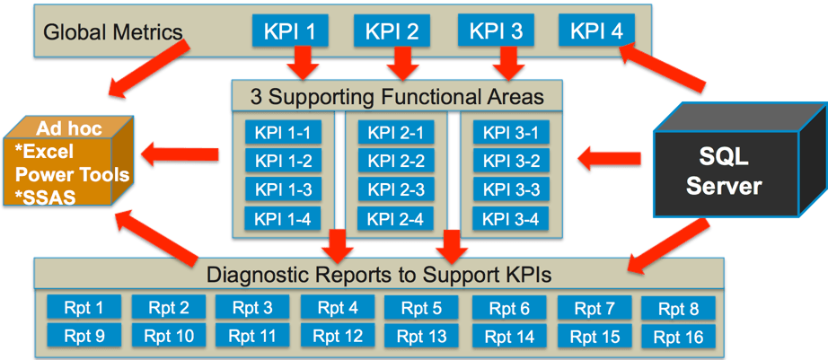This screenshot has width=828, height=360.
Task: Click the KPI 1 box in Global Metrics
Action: (x=290, y=31)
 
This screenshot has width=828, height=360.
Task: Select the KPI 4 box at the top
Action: (x=596, y=31)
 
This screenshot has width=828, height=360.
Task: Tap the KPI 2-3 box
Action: (x=396, y=189)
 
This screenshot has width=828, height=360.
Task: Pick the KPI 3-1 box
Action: (x=511, y=132)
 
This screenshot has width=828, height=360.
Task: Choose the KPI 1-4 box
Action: (x=283, y=218)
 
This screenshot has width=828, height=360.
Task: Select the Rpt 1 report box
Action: (x=84, y=307)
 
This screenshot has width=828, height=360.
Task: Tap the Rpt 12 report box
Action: (x=338, y=335)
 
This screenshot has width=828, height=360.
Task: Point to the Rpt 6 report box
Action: (x=509, y=308)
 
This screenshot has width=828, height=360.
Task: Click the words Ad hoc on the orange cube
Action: (x=69, y=128)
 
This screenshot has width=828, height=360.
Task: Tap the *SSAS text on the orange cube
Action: (x=46, y=197)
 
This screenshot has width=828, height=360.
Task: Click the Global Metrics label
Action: (x=112, y=32)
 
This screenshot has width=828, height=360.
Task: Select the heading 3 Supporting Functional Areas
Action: (x=397, y=97)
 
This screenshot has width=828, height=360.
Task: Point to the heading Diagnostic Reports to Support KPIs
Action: (x=379, y=274)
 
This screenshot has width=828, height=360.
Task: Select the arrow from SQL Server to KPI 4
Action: (x=663, y=66)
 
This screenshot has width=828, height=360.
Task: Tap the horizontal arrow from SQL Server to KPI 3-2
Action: (x=609, y=158)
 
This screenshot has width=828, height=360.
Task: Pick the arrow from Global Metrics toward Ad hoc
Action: (x=149, y=68)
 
